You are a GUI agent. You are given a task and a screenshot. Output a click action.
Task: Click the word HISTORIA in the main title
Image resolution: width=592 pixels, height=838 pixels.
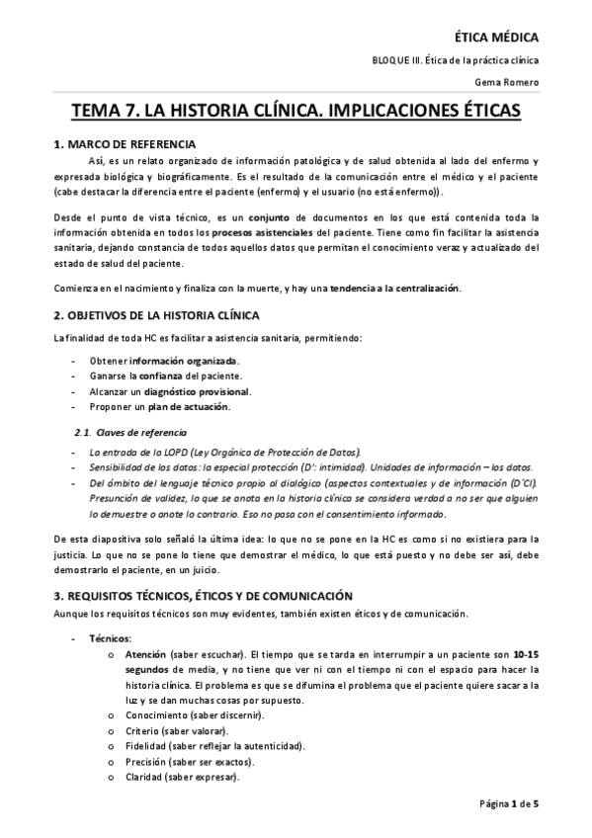(243, 112)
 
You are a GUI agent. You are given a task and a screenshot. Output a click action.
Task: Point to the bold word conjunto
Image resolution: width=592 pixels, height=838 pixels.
(269, 216)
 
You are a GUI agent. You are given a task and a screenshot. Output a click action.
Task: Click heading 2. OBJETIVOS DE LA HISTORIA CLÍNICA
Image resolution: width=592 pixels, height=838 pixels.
(156, 315)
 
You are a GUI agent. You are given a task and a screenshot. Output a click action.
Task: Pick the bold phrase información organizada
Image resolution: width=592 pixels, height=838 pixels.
(184, 361)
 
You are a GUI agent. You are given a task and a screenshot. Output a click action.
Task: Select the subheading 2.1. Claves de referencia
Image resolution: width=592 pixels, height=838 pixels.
(129, 433)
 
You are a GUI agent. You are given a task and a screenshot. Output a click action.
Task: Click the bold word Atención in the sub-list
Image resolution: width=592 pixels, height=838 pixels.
(145, 654)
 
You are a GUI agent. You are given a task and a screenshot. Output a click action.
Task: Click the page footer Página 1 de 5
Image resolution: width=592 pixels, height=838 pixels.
(510, 802)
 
